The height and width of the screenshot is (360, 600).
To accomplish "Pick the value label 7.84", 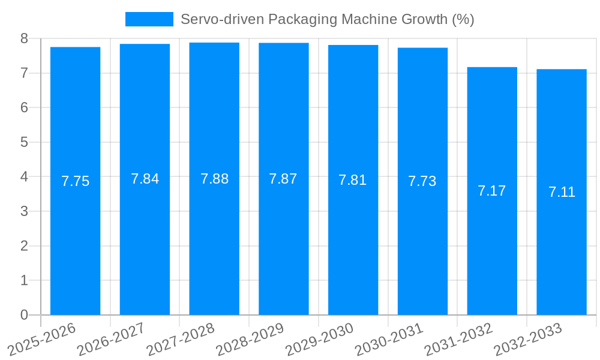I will pos(145,179).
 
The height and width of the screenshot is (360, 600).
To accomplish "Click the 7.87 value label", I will pos(283,179).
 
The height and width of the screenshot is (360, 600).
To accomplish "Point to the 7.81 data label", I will pos(352,180).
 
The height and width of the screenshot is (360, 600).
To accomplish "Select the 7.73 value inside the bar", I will pos(422,181).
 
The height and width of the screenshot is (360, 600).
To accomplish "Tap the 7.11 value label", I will pos(562,192).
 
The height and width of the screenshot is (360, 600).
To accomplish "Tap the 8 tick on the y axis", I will pos(24,38).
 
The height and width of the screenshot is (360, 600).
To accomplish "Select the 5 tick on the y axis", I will pos(24,142).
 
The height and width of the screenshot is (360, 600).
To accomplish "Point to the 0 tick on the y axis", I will pos(24,315).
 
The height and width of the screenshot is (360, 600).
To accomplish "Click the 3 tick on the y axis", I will pos(24,211).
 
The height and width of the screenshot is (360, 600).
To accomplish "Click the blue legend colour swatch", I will pos(149,19).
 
